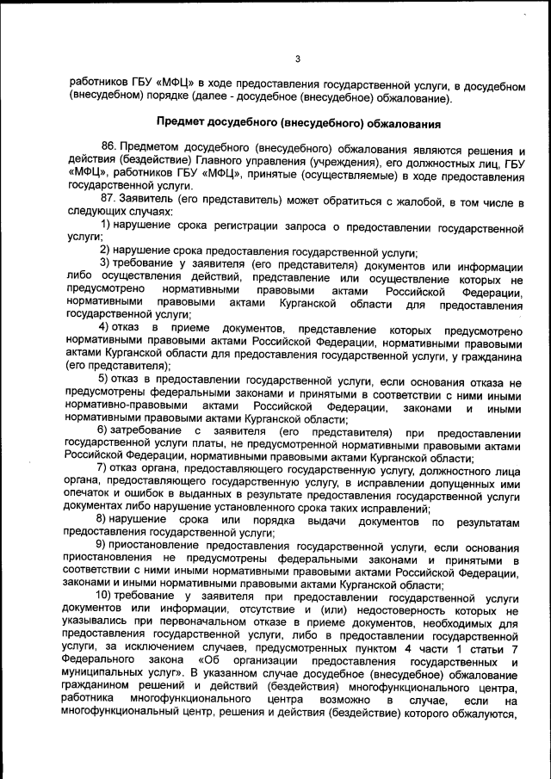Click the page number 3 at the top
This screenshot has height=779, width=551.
point(297,59)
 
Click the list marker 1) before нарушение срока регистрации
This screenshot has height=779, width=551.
point(107,226)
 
